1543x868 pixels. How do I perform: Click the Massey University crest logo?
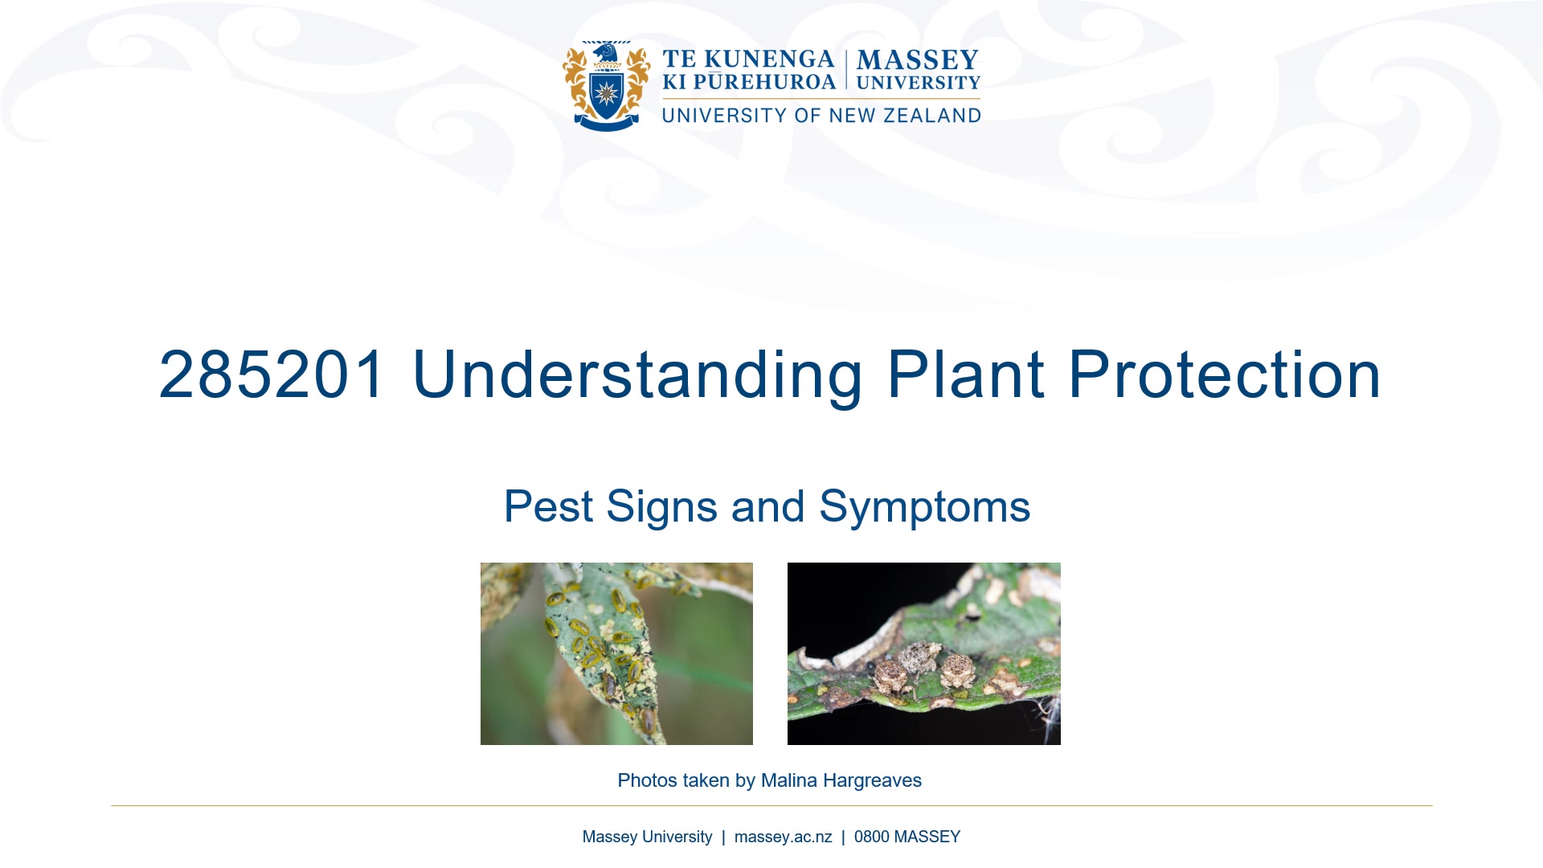click(607, 86)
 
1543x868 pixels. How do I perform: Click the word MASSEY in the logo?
click(918, 60)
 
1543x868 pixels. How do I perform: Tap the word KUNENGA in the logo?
click(769, 59)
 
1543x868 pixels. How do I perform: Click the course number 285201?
click(272, 375)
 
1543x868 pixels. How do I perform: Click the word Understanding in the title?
click(637, 375)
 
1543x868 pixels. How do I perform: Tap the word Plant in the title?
click(965, 375)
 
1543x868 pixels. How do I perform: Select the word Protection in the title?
click(1224, 375)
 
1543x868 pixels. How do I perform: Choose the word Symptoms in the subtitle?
click(924, 506)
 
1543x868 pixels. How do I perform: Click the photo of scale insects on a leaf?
click(616, 653)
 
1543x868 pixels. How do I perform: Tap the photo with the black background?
click(923, 653)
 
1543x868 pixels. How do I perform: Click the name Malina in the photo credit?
click(788, 780)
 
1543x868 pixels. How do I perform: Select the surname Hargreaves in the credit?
click(872, 780)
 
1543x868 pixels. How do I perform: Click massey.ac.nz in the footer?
click(783, 837)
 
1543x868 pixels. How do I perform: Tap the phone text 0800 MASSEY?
click(907, 837)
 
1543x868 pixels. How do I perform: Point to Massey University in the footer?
click(647, 837)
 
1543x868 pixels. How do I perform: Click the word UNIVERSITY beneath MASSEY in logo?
click(918, 82)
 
